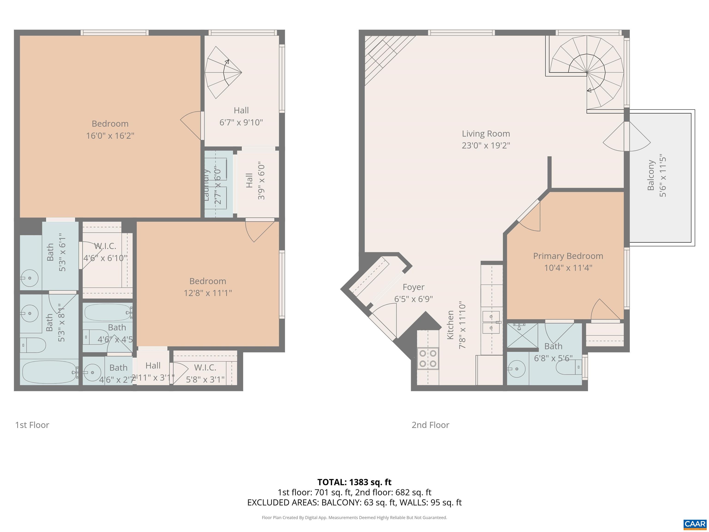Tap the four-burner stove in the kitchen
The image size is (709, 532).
[428, 358]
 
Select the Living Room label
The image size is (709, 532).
[486, 134]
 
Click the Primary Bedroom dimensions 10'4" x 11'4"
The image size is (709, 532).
[568, 268]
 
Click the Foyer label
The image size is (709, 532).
[414, 287]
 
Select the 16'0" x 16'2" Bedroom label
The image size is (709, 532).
[110, 130]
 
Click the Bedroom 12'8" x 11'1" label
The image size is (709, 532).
[208, 287]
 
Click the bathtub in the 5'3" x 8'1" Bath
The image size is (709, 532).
[49, 372]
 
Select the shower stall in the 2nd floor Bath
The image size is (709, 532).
[522, 336]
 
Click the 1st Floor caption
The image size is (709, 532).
[32, 425]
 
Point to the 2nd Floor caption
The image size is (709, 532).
[430, 425]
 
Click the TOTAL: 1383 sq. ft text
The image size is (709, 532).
[354, 482]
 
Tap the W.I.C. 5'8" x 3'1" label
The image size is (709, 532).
[205, 373]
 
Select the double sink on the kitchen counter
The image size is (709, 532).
[491, 322]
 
